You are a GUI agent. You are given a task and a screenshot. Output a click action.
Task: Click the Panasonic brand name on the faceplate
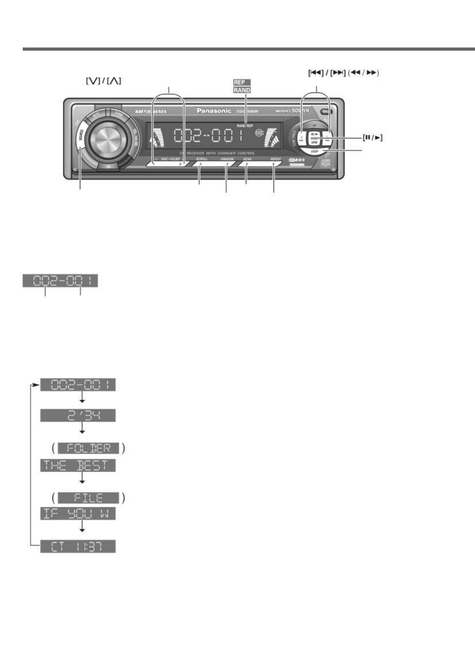click(214, 111)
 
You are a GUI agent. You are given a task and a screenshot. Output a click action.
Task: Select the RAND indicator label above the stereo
click(241, 90)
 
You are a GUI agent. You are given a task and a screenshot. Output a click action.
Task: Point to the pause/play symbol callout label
click(372, 138)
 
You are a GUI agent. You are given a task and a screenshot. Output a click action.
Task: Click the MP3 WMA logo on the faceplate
click(151, 112)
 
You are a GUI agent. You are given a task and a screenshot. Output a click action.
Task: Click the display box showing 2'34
click(78, 415)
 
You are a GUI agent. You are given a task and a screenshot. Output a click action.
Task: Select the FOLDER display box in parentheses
click(89, 448)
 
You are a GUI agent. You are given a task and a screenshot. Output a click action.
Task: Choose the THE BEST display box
click(78, 465)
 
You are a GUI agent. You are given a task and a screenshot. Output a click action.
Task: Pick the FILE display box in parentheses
click(89, 498)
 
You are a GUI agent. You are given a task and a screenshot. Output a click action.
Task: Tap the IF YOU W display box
click(78, 514)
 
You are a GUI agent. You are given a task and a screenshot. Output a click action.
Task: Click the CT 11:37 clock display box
click(78, 546)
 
